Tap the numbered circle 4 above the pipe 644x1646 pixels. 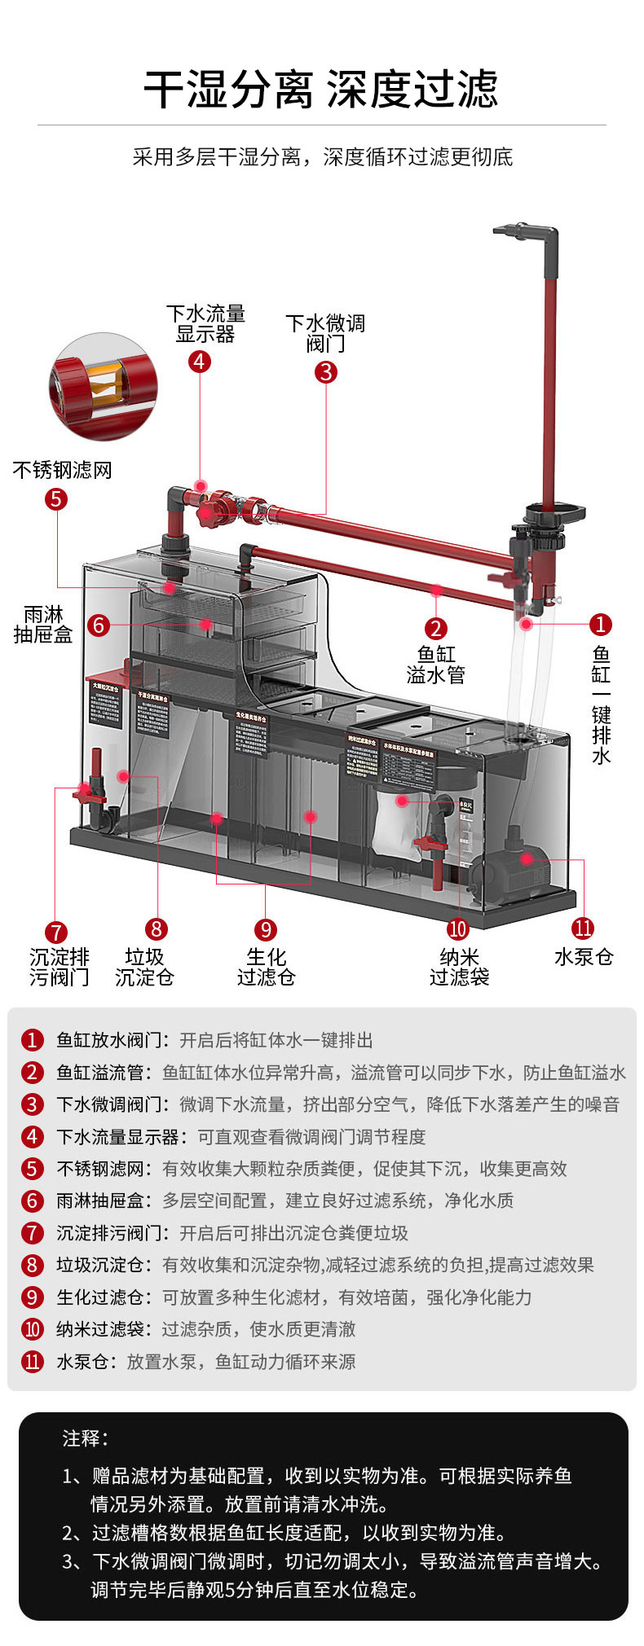coord(200,361)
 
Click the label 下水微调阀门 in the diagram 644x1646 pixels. coord(325,334)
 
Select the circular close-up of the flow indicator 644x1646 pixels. coord(103,387)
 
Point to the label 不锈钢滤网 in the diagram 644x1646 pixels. coord(62,470)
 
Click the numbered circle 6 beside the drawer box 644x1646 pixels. coord(99,625)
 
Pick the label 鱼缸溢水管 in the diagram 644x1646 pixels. coord(435,665)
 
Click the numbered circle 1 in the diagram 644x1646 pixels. coord(600,625)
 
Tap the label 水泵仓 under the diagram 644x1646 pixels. coord(584,957)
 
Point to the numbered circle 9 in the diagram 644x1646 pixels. coord(265,929)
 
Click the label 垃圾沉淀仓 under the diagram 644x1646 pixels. coord(144,967)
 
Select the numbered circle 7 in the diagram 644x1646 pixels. coord(55,932)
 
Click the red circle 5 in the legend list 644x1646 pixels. coord(32,1169)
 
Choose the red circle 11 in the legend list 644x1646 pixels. coord(32,1362)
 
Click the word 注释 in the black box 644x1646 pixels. coord(85,1438)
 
